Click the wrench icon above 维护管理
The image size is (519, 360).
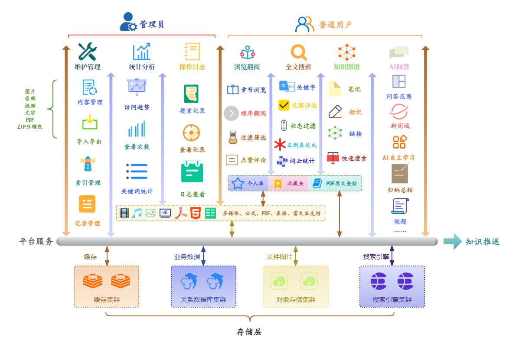tap(87, 52)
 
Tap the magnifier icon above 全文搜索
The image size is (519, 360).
tap(298, 52)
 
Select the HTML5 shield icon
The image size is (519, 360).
tap(196, 213)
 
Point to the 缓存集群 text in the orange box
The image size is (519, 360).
tap(107, 299)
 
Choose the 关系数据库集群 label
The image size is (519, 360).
tap(203, 299)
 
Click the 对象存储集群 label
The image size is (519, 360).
tap(296, 299)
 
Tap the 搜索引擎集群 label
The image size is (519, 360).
tap(392, 299)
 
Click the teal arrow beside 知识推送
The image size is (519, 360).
tap(452, 241)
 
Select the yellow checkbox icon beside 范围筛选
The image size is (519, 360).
tap(284, 105)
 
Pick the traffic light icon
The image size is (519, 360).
tap(284, 126)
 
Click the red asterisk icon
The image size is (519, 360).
tap(280, 144)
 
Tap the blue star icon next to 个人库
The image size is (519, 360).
tap(238, 183)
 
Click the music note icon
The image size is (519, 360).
tap(137, 213)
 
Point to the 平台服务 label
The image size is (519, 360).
tap(36, 241)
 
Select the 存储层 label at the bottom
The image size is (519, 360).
tap(249, 332)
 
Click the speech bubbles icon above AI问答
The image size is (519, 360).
tap(399, 52)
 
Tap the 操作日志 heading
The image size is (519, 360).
tap(192, 67)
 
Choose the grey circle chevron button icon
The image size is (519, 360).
tap(231, 114)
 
